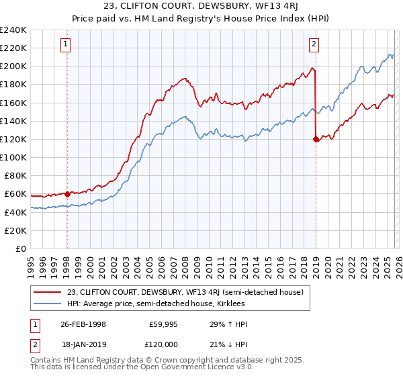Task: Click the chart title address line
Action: click(x=201, y=7)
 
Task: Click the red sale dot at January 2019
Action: click(x=316, y=140)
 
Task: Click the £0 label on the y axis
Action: click(x=20, y=248)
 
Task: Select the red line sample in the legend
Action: click(x=48, y=292)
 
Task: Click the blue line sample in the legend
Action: click(x=48, y=303)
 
